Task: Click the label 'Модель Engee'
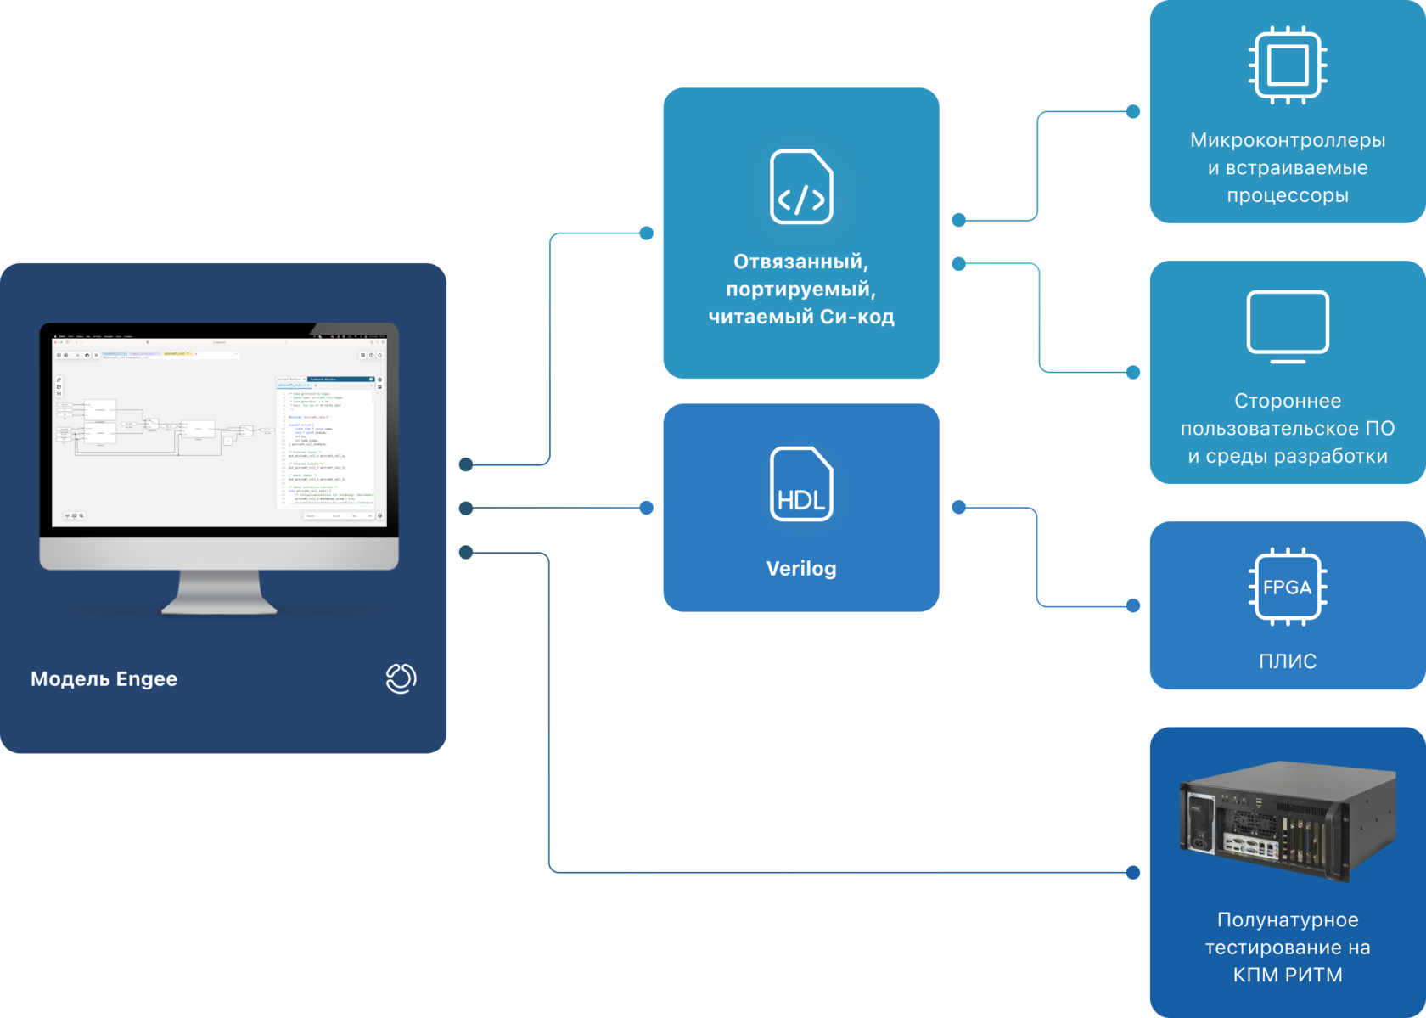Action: tap(104, 679)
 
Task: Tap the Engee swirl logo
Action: tap(401, 678)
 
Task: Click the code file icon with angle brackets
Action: tap(801, 187)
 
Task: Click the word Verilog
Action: tap(801, 569)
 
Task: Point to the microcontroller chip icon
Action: tap(1288, 65)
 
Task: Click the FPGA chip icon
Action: tap(1288, 587)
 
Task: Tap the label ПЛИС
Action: tap(1288, 661)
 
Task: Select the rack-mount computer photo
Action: tap(1288, 820)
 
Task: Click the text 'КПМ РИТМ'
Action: tap(1288, 975)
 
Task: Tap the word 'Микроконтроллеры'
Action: tap(1288, 140)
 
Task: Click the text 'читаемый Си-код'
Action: tap(801, 317)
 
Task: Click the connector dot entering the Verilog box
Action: tap(647, 508)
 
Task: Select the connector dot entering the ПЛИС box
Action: tap(1133, 605)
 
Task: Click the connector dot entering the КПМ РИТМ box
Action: tap(1133, 872)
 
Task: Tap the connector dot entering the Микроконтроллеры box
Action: tap(1133, 111)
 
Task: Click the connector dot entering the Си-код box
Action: tap(647, 233)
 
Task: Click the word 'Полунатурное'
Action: tap(1288, 920)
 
